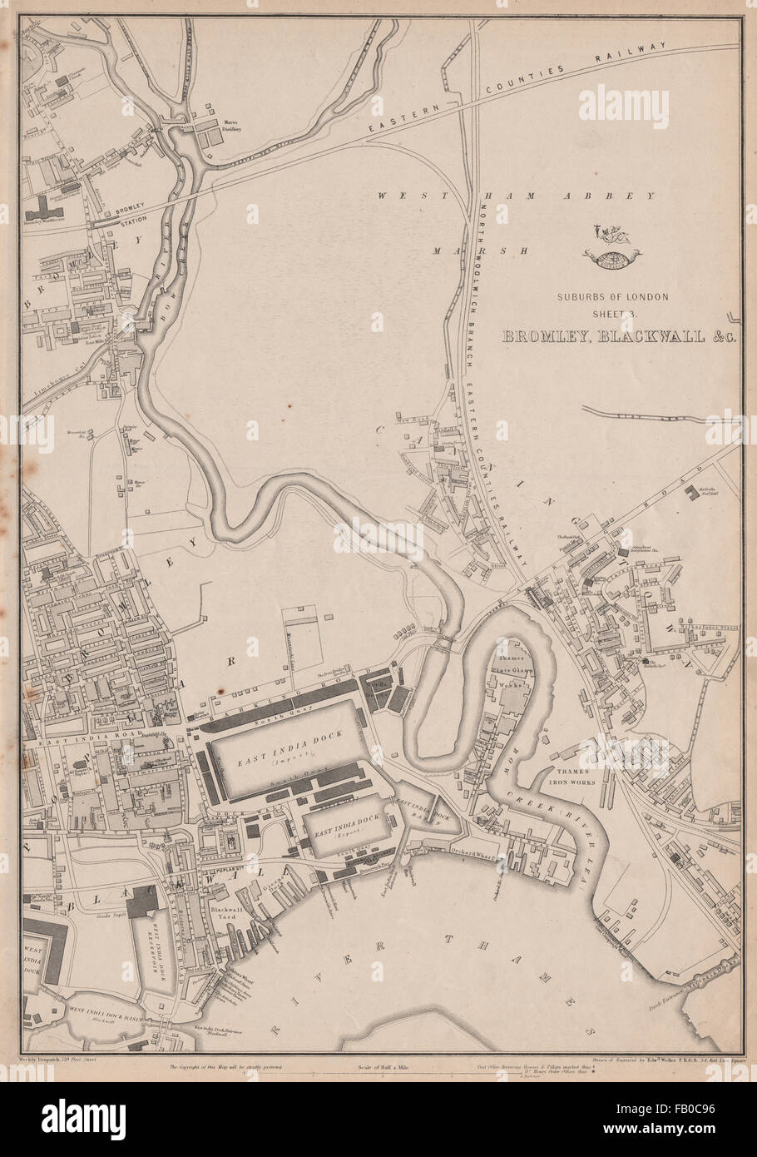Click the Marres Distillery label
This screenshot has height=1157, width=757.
230,126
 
